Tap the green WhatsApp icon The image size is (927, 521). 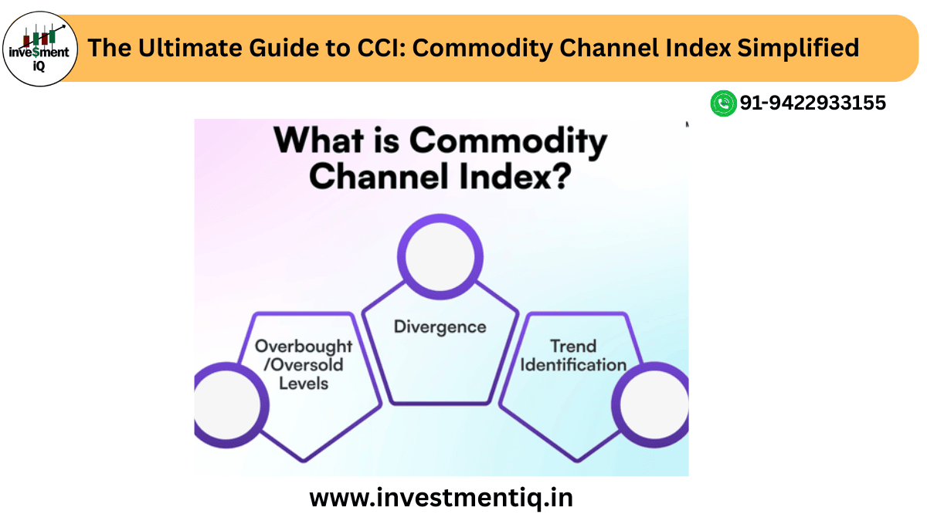click(x=723, y=103)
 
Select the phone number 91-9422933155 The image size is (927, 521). click(x=813, y=103)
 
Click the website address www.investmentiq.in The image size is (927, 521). click(x=441, y=498)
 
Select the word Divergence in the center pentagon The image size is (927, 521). click(x=440, y=326)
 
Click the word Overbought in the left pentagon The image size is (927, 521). click(x=304, y=346)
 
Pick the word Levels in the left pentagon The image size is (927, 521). click(x=304, y=383)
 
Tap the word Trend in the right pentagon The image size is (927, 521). click(x=572, y=346)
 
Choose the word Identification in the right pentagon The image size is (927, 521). click(x=572, y=364)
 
